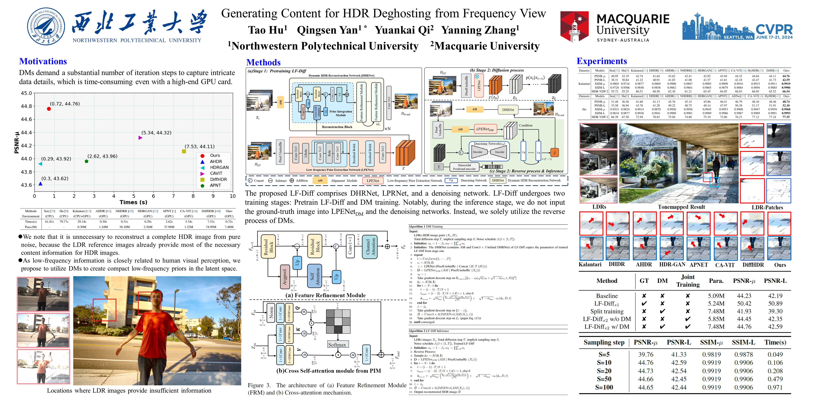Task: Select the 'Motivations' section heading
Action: tap(43, 61)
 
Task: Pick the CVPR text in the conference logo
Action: tap(774, 29)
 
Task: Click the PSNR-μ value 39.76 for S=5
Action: tap(646, 355)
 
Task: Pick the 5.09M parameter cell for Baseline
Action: tap(716, 296)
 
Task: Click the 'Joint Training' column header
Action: tap(688, 281)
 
